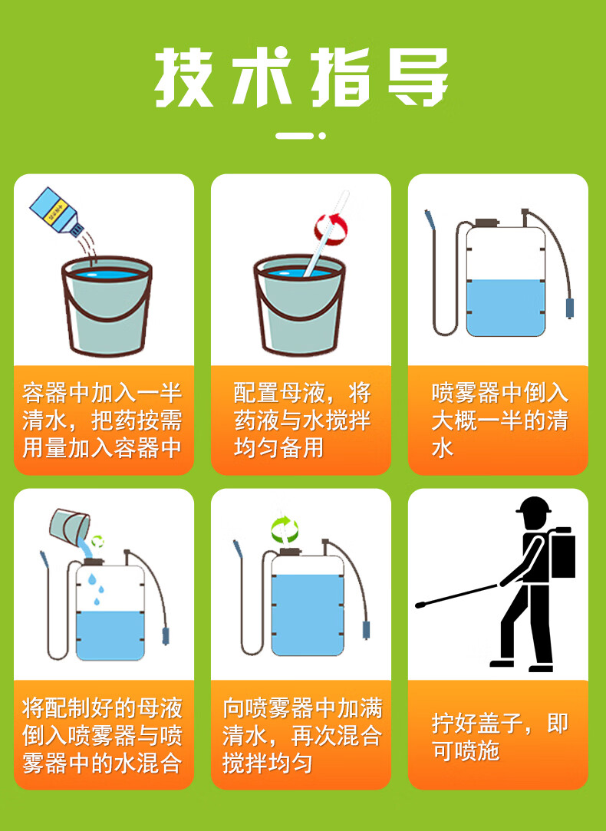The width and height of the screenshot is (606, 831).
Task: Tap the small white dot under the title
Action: click(323, 136)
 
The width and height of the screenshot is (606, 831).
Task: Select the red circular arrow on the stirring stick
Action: click(331, 228)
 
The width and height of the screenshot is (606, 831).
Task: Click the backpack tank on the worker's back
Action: click(564, 552)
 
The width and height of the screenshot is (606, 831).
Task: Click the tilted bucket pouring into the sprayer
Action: click(68, 526)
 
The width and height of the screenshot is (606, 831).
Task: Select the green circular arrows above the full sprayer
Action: click(285, 528)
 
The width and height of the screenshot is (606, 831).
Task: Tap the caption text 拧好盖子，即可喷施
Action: click(499, 736)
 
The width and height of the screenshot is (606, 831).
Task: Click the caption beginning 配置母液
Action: click(301, 420)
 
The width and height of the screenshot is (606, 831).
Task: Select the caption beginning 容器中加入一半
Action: click(102, 420)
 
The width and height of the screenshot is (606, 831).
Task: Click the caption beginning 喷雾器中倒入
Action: click(499, 420)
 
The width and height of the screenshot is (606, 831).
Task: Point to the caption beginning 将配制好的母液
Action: click(102, 735)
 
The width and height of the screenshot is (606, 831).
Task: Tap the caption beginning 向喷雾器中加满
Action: click(301, 735)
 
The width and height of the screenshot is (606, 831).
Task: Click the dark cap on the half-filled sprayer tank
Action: click(486, 223)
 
